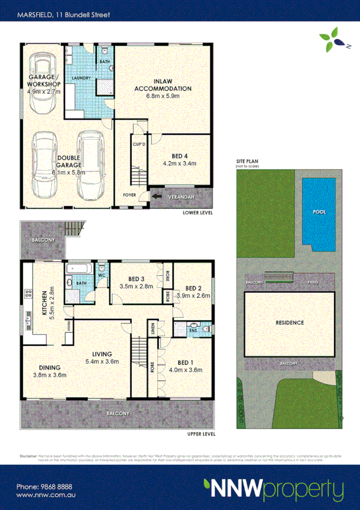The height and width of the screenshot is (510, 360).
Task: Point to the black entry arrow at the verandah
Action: point(157,195)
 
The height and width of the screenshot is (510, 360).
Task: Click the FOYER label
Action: point(130,195)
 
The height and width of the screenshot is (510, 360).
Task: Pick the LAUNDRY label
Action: point(81,79)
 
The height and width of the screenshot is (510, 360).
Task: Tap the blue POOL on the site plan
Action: point(319,213)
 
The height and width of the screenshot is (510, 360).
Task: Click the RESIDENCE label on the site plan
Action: point(290,322)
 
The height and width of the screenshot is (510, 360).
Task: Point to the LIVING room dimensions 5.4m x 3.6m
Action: point(102,362)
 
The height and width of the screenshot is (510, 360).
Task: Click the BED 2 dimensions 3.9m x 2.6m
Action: point(194,296)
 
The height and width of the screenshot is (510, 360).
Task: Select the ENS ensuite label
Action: point(194,330)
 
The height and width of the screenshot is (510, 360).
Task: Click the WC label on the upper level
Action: point(102,277)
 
